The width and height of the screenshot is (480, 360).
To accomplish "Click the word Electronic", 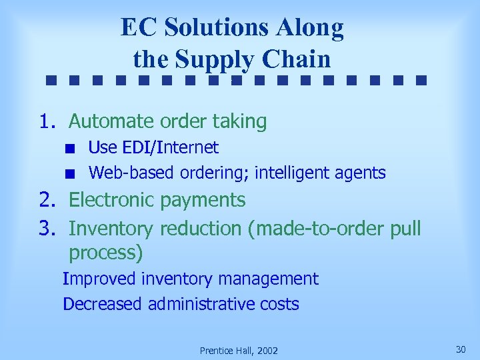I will click(x=114, y=200).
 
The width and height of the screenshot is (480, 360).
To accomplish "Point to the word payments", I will click(x=205, y=200).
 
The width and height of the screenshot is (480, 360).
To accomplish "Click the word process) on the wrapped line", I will click(x=106, y=253).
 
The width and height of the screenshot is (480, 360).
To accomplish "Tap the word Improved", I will click(x=99, y=279).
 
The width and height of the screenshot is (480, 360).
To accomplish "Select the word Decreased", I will click(x=103, y=305).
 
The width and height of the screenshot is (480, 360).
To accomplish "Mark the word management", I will click(x=269, y=279).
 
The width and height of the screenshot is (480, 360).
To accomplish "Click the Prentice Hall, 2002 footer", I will click(x=239, y=351).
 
